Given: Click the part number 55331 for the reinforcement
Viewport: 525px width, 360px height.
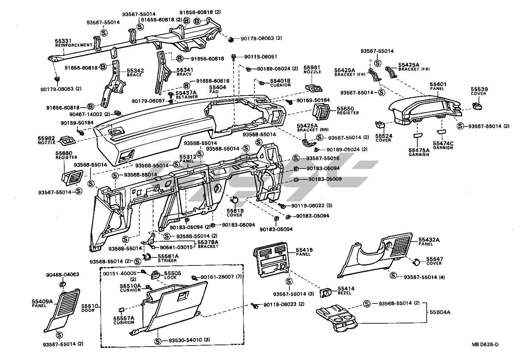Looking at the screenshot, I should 63,41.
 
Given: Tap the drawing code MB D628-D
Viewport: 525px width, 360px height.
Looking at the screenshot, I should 485,344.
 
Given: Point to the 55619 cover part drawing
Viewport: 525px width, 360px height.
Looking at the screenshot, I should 235,201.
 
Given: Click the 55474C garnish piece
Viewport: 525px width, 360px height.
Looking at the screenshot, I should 441,131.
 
